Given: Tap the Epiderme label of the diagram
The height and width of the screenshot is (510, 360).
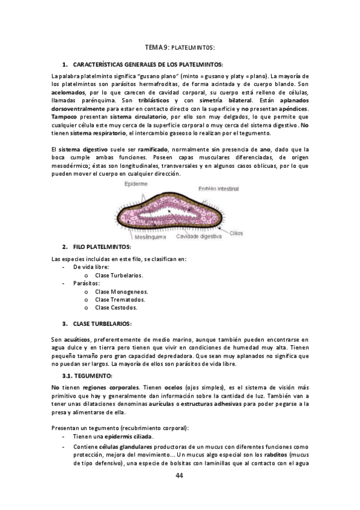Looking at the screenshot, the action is point(136,183).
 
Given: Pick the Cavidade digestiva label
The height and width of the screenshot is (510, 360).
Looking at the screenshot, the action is point(199,236).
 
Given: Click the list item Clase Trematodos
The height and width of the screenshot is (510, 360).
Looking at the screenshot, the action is point(120,299).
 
